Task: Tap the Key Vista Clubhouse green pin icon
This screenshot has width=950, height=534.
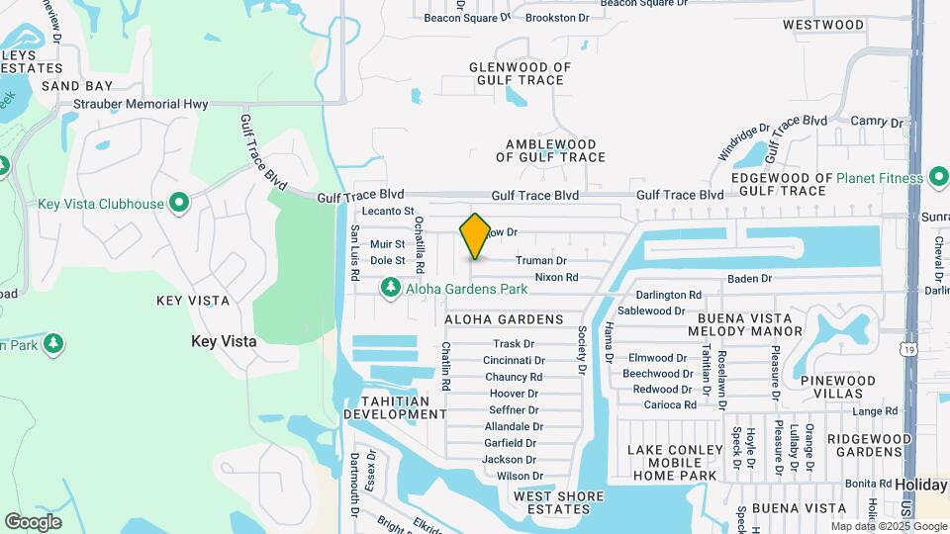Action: pos(179,204)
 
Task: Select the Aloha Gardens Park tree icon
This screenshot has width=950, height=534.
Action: pos(391,287)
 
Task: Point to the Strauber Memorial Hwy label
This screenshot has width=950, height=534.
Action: pos(126,104)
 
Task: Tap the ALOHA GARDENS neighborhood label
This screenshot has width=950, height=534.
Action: pos(504,319)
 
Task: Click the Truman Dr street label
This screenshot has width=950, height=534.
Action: pos(540,261)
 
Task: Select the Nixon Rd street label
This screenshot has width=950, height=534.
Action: pos(556,278)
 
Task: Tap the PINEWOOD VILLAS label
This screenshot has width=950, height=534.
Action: pos(838,387)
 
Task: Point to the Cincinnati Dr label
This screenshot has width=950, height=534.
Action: pos(515,361)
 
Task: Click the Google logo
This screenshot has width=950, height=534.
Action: pos(33,521)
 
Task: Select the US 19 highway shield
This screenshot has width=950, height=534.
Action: pos(907,348)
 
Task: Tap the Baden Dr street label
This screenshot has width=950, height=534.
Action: pos(748,279)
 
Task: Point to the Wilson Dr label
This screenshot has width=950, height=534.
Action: pos(520,476)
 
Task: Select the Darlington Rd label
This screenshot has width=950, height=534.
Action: pos(669,295)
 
